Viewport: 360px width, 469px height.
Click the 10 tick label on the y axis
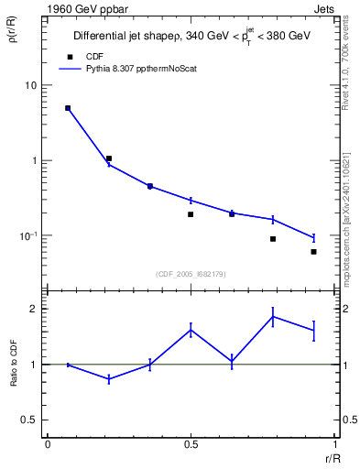pyautogui.click(x=29, y=85)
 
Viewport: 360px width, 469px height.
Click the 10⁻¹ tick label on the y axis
pyautogui.click(x=27, y=235)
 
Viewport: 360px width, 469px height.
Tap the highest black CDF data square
pyautogui.click(x=68, y=108)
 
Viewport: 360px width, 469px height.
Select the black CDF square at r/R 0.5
pyautogui.click(x=191, y=214)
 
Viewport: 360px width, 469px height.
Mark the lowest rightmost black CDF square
pyautogui.click(x=313, y=252)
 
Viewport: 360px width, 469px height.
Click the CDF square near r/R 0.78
pyautogui.click(x=273, y=239)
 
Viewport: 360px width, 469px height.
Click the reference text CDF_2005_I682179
pyautogui.click(x=191, y=273)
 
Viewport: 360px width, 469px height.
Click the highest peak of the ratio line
pyautogui.click(x=273, y=317)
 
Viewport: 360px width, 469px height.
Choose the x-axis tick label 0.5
pyautogui.click(x=191, y=443)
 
